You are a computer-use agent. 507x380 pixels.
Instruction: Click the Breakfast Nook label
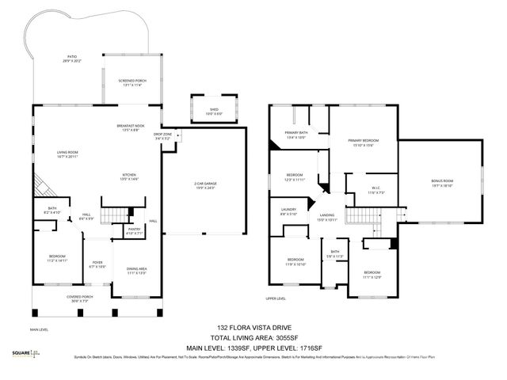coord(130,128)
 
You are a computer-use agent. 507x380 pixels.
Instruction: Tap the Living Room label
coord(71,154)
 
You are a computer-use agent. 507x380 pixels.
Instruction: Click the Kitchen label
coord(130,177)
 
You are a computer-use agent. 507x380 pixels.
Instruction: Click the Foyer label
coord(97,264)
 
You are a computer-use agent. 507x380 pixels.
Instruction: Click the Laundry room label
coord(288,211)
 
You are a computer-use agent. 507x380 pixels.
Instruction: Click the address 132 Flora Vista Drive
coord(250,326)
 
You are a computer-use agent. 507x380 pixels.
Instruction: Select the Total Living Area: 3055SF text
coord(250,335)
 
